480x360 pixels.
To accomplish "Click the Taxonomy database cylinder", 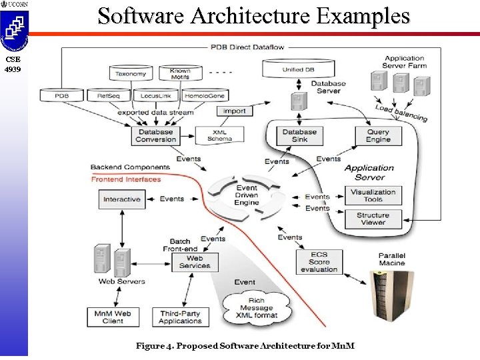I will (x=131, y=73).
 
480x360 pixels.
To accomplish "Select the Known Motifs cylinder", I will (x=180, y=73).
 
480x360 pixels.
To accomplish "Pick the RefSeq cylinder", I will (x=109, y=95).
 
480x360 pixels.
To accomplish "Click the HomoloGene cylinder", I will (x=207, y=95).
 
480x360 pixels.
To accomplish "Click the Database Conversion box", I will (x=155, y=135).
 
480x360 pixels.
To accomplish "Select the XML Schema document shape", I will (x=219, y=135).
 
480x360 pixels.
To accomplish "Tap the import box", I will (x=234, y=111).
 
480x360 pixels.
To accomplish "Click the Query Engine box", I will (x=378, y=135).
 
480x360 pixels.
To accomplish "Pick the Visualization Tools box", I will (x=373, y=195).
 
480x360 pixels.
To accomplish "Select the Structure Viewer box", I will (x=373, y=219).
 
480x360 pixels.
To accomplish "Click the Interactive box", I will (x=122, y=199).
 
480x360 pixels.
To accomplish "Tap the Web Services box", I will (x=195, y=262).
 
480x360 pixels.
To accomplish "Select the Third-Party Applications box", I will (x=180, y=317).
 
